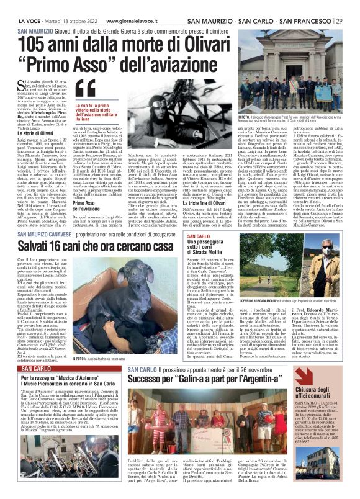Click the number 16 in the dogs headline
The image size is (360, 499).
(63, 245)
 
